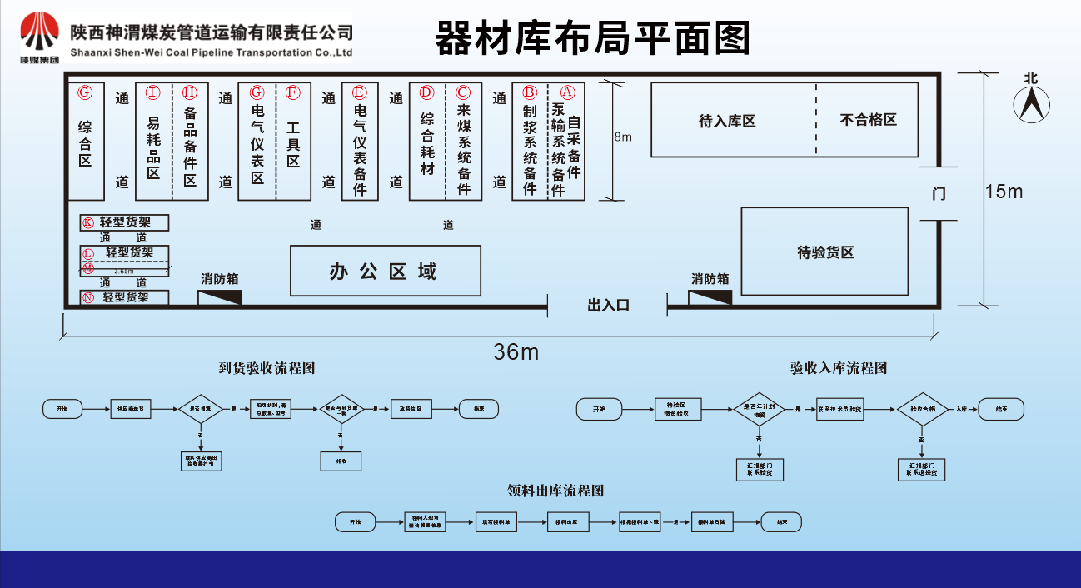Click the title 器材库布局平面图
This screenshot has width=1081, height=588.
click(x=592, y=38)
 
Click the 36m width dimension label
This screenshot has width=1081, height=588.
click(x=516, y=352)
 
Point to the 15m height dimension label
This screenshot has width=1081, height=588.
click(x=1004, y=192)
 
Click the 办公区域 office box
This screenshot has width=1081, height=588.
click(x=385, y=271)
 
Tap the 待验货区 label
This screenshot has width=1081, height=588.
click(x=824, y=252)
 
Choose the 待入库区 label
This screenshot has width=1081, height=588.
click(x=726, y=121)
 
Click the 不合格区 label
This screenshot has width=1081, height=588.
click(x=868, y=120)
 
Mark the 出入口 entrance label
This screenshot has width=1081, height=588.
click(x=608, y=306)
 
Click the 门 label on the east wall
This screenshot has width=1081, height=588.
click(x=939, y=194)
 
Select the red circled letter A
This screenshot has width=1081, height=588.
click(x=567, y=92)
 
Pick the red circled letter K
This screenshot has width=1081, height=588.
click(x=87, y=222)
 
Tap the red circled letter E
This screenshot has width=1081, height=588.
click(x=360, y=92)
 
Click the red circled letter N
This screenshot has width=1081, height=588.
click(x=87, y=297)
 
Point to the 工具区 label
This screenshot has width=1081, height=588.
click(x=293, y=144)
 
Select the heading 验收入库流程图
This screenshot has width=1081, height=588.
click(x=839, y=368)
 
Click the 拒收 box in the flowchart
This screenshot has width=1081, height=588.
click(x=340, y=461)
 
